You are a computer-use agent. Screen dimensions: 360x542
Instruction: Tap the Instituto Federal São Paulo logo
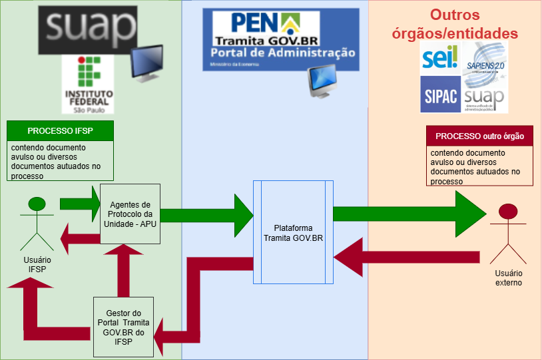(87, 84)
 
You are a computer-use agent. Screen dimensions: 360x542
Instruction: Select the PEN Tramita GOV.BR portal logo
(281, 39)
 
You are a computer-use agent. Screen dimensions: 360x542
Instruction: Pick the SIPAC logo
(440, 95)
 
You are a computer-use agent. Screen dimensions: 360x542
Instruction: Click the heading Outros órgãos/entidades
(473, 25)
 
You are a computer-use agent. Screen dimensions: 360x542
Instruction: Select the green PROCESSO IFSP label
(60, 130)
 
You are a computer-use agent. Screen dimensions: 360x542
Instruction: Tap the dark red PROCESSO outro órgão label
(479, 136)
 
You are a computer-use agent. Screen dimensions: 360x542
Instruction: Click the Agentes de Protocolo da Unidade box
(130, 213)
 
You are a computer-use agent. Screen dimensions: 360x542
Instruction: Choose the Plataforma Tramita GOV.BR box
(294, 232)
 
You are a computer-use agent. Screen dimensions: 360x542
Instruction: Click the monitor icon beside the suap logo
(148, 64)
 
